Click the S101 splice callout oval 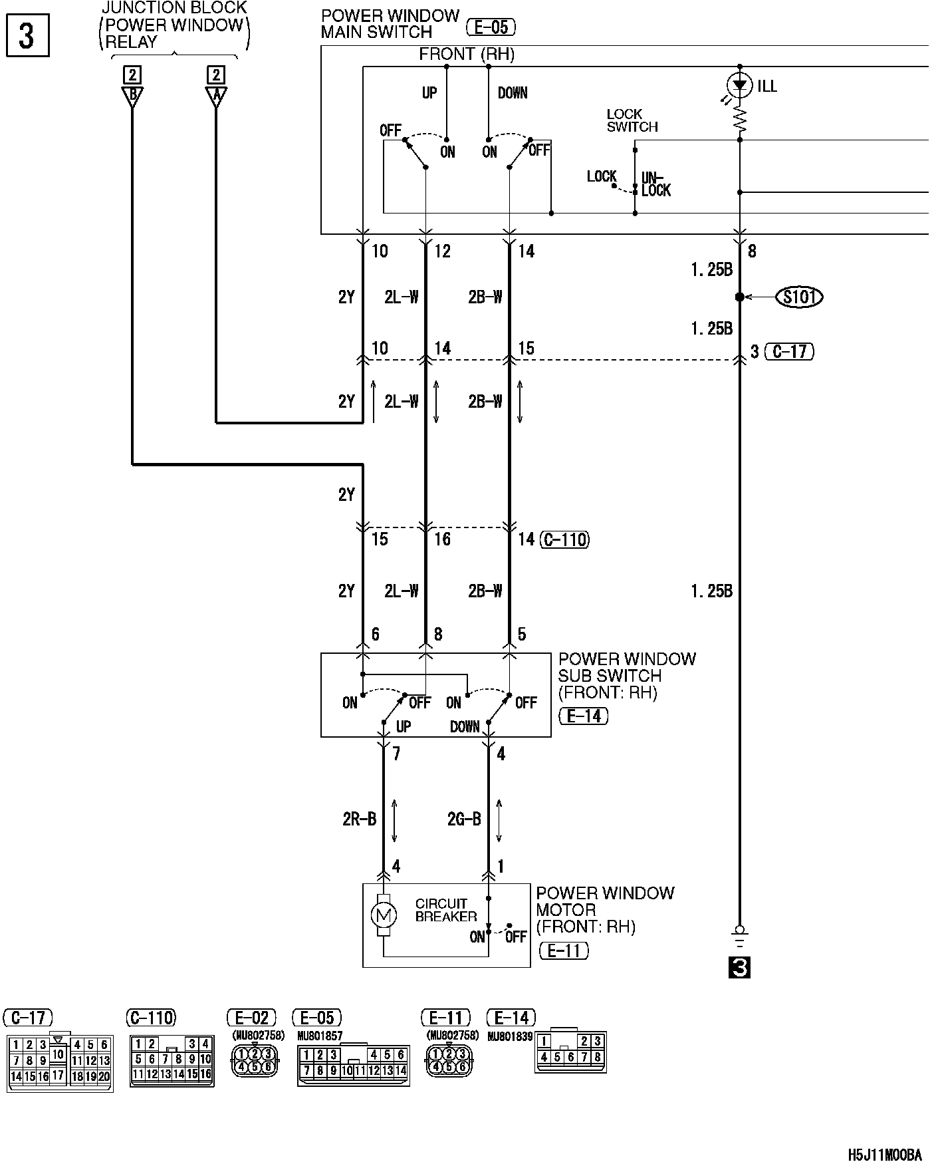point(799,297)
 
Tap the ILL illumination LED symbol point(740,84)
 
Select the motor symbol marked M point(383,915)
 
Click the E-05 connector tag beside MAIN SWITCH point(491,27)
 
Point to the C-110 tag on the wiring point(565,539)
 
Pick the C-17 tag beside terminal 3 point(790,351)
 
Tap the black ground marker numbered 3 point(739,968)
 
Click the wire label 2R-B point(360,819)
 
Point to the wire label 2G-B point(464,819)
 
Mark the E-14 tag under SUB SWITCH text point(584,716)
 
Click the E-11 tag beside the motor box point(564,950)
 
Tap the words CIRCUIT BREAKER point(446,910)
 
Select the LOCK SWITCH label point(632,120)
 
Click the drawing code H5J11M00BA point(885,1154)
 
